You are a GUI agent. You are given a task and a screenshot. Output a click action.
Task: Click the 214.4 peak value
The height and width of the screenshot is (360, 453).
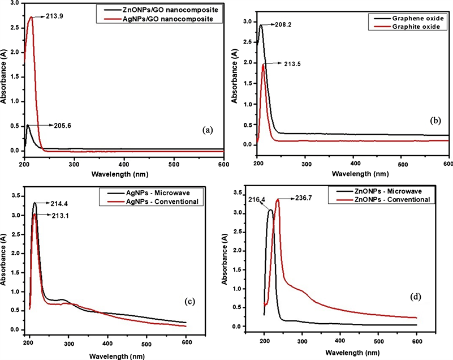pyautogui.click(x=57, y=203)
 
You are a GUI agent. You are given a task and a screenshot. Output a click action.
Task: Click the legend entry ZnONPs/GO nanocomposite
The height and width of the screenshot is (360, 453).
pyautogui.click(x=178, y=10)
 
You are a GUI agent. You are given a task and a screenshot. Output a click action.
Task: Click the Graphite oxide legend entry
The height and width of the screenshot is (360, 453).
pyautogui.click(x=415, y=27)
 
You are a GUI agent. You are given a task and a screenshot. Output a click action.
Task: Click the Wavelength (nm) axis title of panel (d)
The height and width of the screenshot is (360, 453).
pyautogui.click(x=340, y=351)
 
